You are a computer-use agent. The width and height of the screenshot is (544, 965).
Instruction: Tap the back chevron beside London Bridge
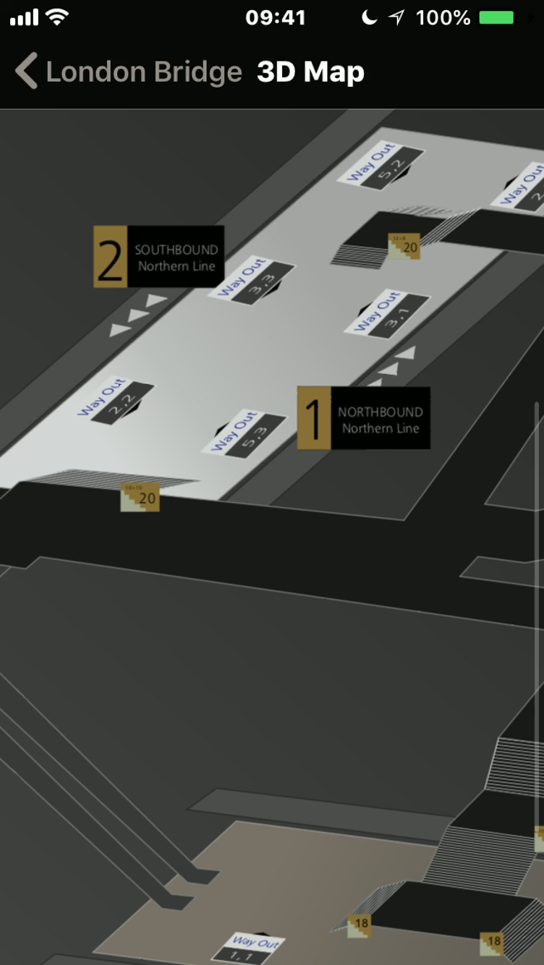point(26,72)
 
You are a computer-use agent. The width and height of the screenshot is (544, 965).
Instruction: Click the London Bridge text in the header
point(143,72)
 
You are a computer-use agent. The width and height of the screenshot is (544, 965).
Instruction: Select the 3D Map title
point(310,72)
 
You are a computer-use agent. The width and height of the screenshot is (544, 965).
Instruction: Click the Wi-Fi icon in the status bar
point(56,17)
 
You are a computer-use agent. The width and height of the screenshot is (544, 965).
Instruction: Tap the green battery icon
point(496,17)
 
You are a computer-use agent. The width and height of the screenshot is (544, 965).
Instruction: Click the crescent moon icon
point(370,17)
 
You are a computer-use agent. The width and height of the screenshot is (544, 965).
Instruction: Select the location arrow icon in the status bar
point(396,17)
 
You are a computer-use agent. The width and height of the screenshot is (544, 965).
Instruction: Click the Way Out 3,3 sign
point(251,281)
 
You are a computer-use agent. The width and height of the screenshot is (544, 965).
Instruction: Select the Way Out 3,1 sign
point(386,313)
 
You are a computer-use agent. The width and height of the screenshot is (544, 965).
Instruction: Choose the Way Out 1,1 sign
point(255,948)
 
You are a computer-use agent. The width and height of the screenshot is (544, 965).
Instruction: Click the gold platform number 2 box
point(110,257)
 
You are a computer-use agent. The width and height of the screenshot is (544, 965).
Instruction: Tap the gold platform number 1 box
point(314,417)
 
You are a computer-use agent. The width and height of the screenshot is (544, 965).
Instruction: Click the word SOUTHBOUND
point(176,250)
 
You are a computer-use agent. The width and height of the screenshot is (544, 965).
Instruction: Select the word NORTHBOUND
point(380,412)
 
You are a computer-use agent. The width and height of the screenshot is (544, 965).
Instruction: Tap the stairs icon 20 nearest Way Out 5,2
point(404,247)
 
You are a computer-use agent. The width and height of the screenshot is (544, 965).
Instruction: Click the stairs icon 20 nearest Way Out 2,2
point(140,498)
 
